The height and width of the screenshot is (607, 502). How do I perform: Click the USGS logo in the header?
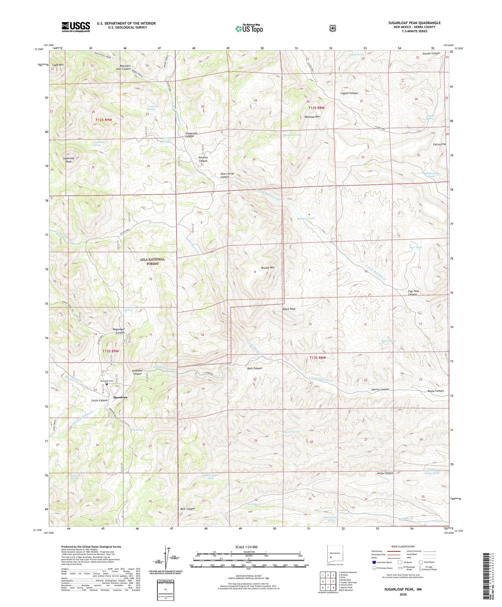[x=76, y=27]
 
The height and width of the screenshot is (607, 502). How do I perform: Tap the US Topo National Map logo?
[x=249, y=29]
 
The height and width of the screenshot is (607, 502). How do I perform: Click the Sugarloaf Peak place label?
[x=67, y=160]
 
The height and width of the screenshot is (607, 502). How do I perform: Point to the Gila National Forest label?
[x=153, y=261]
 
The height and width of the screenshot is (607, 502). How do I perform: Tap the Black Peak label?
[x=289, y=309]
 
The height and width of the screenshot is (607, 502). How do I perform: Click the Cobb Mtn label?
[x=58, y=65]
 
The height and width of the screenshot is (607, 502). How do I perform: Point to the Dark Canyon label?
[x=255, y=368]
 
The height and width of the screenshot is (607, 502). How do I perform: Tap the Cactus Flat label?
[x=439, y=144]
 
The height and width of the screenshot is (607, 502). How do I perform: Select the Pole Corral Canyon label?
[x=225, y=175]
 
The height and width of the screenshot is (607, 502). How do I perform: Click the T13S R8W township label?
[x=318, y=357]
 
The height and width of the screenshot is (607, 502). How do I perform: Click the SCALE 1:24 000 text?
[x=246, y=547]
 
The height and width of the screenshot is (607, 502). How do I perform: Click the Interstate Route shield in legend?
[x=374, y=562]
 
